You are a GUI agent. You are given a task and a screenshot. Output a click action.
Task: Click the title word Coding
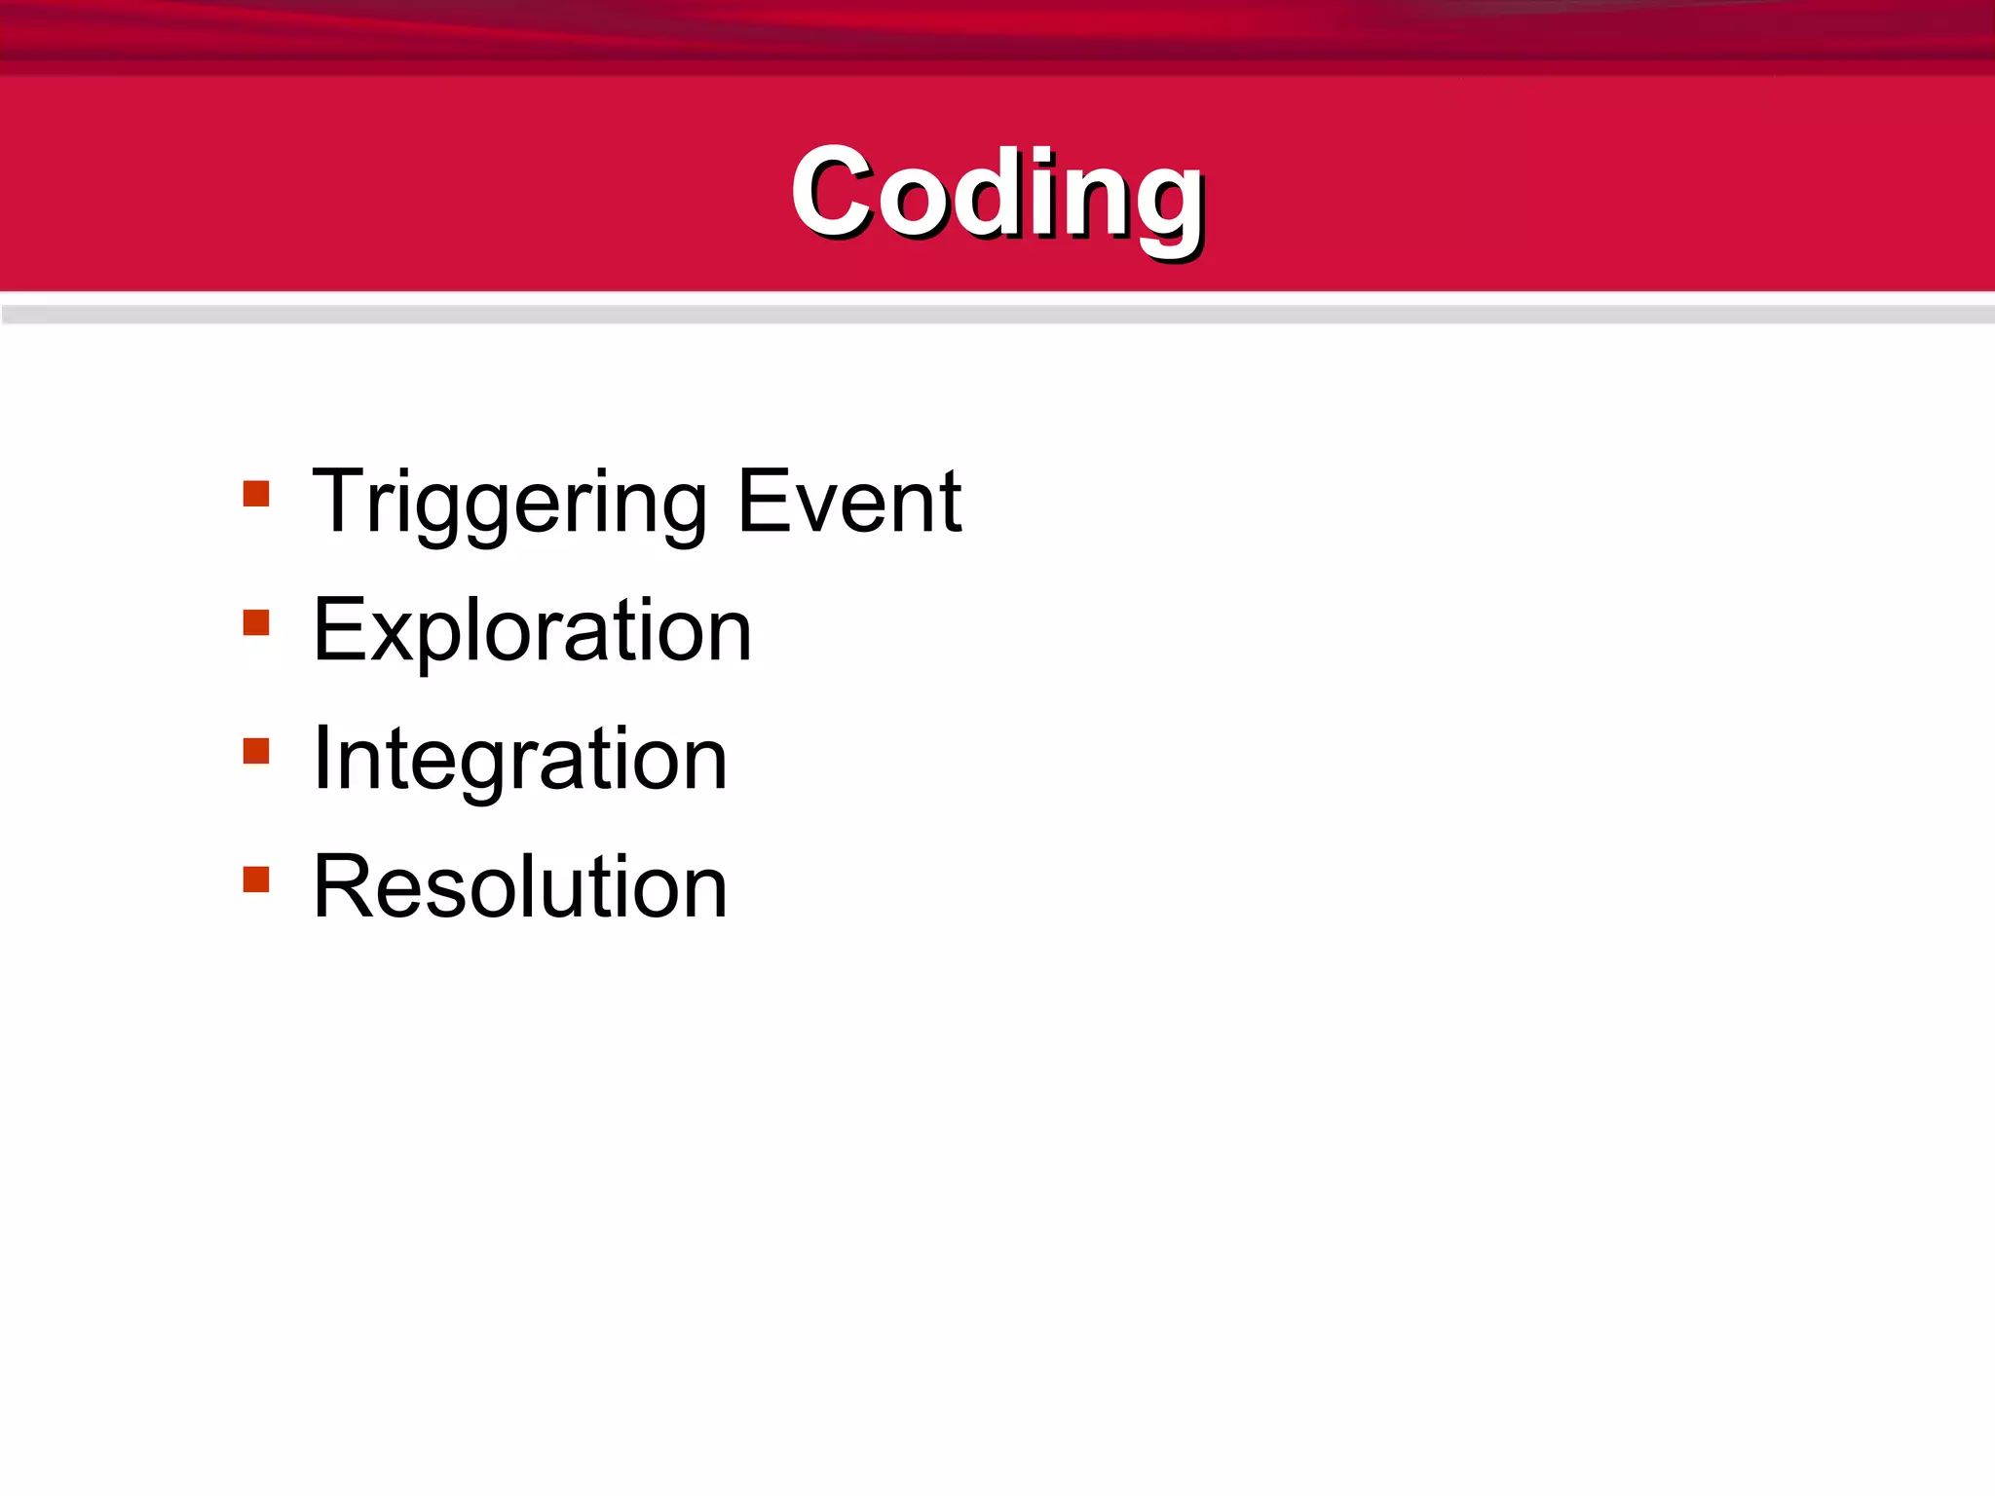click(997, 194)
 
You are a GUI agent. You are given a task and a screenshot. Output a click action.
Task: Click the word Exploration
click(532, 632)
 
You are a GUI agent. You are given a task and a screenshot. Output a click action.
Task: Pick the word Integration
click(519, 760)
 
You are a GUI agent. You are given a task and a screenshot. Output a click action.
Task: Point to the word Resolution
click(519, 887)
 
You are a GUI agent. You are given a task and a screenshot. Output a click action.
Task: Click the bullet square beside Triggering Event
click(256, 494)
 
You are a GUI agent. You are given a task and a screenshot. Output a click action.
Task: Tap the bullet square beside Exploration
click(256, 622)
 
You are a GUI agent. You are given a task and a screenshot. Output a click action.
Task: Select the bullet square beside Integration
click(256, 751)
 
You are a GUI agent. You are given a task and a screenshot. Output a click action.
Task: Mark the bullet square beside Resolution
click(256, 879)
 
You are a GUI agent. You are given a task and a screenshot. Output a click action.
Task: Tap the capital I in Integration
click(322, 759)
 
